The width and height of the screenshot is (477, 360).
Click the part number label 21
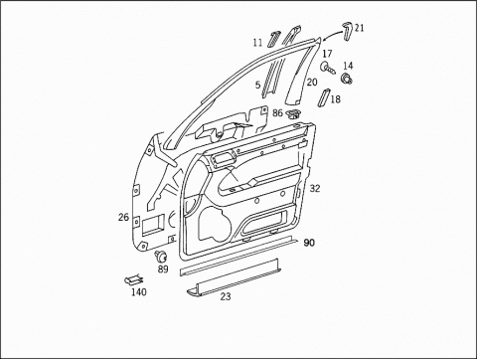click(x=359, y=28)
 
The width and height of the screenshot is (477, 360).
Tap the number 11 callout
click(x=257, y=43)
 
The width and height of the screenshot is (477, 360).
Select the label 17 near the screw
click(x=327, y=54)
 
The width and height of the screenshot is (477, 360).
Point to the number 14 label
click(x=348, y=66)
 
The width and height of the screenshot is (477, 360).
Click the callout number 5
click(x=257, y=85)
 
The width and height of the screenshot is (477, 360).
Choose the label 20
click(x=312, y=82)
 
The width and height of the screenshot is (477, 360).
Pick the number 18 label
click(x=335, y=98)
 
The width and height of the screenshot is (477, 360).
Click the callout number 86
click(x=277, y=113)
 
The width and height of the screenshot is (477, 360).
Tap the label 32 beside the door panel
click(x=315, y=188)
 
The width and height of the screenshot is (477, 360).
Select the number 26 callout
click(x=123, y=218)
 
